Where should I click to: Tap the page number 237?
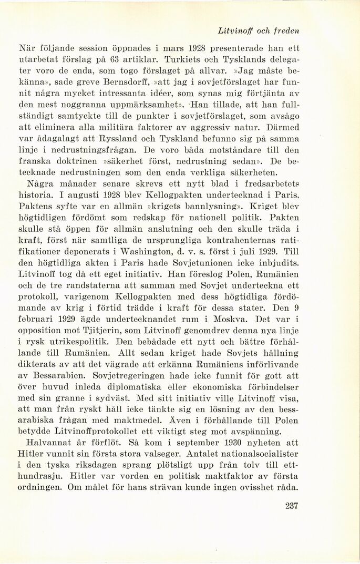(x=290, y=506)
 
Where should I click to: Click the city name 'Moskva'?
(x=227, y=320)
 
